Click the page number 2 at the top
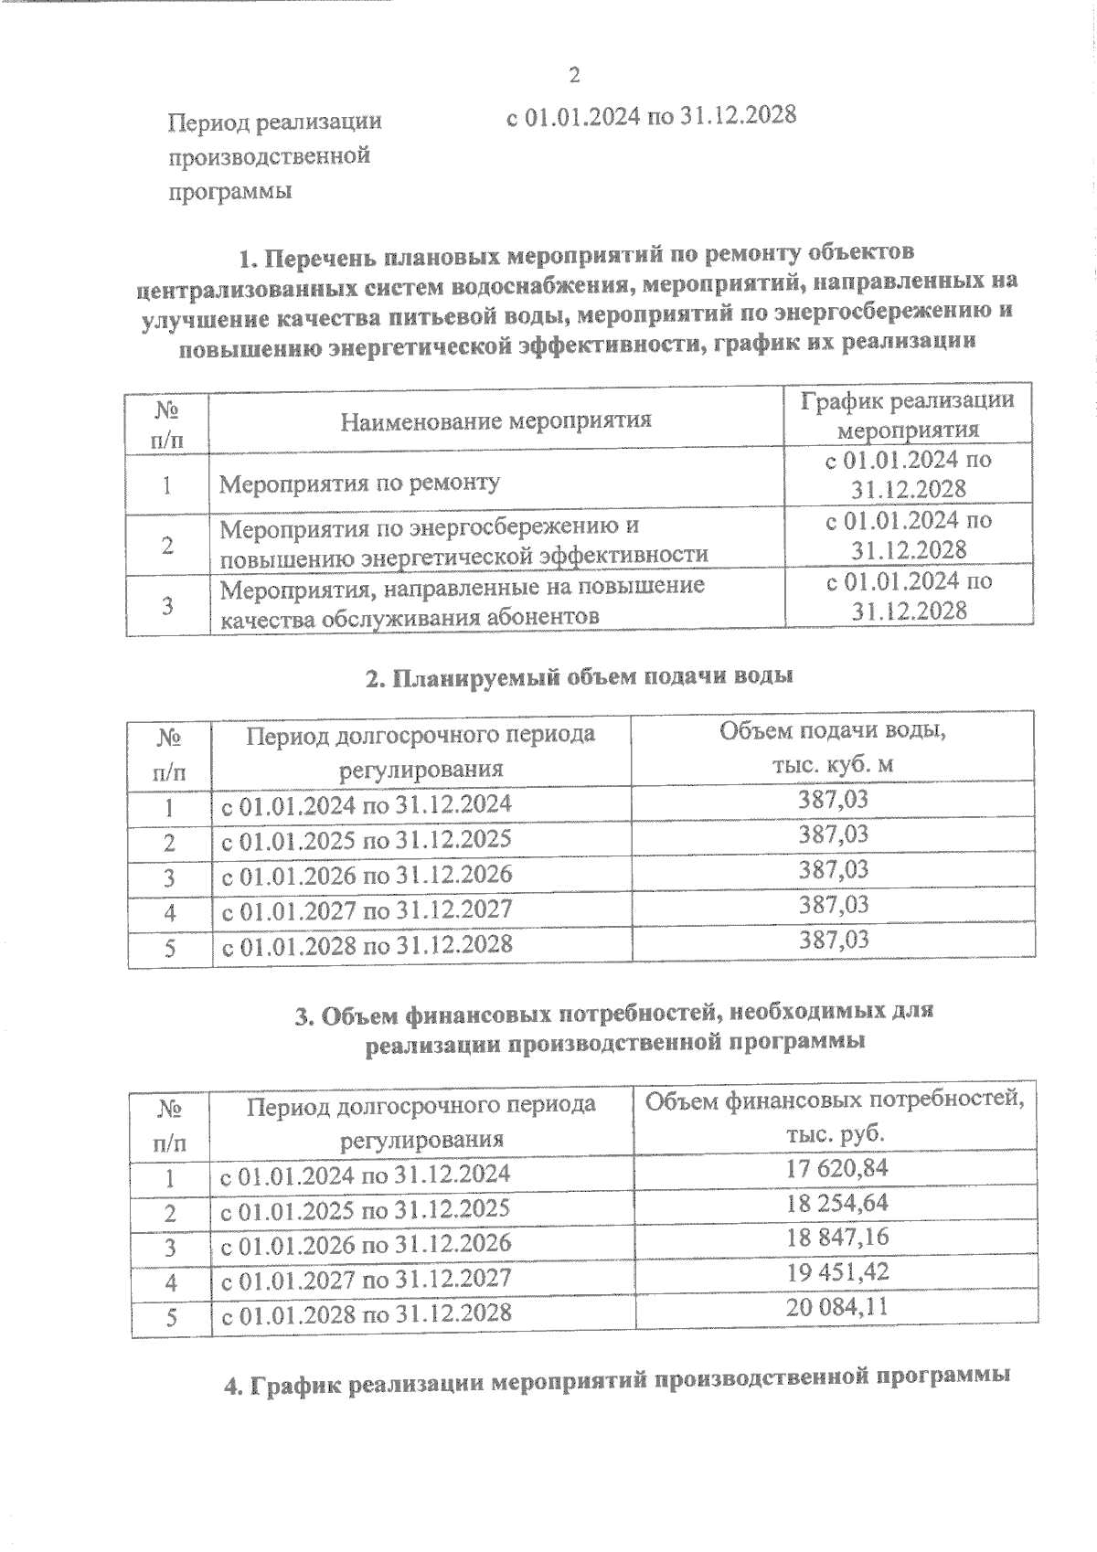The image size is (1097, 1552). pos(574,75)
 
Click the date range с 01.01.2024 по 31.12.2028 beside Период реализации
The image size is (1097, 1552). pos(651,116)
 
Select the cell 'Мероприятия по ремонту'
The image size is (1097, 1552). pos(359,483)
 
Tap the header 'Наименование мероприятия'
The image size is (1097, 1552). pos(495,420)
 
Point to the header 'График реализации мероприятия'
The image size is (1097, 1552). pos(908,415)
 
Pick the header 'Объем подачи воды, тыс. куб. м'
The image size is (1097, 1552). pos(832,747)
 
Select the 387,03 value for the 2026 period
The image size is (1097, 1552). pos(833,869)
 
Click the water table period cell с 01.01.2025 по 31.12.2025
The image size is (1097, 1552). pos(367,839)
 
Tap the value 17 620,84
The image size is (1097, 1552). pos(836,1168)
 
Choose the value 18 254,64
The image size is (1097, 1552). pos(836,1203)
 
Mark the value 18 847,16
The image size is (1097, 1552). pos(836,1238)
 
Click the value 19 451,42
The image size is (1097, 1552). pos(836,1272)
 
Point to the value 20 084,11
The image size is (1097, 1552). pos(836,1307)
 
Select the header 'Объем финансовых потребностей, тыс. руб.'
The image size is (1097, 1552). pos(835,1116)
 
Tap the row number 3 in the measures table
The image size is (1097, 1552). pos(168,605)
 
